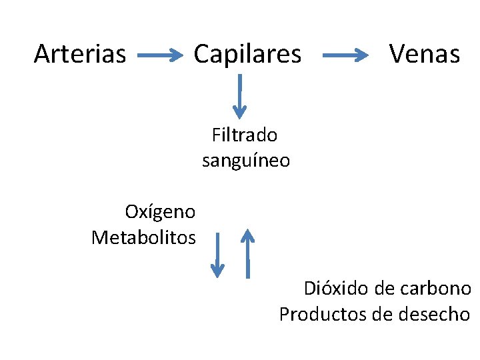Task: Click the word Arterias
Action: [79, 54]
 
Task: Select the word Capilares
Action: [247, 54]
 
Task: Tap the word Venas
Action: [425, 54]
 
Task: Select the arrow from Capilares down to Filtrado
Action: [239, 96]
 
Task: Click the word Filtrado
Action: [245, 135]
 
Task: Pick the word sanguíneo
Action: [245, 161]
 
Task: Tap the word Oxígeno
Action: [160, 212]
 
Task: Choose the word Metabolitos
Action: [143, 237]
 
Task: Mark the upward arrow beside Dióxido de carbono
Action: [248, 253]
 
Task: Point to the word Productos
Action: [323, 314]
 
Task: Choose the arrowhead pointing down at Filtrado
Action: [239, 111]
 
